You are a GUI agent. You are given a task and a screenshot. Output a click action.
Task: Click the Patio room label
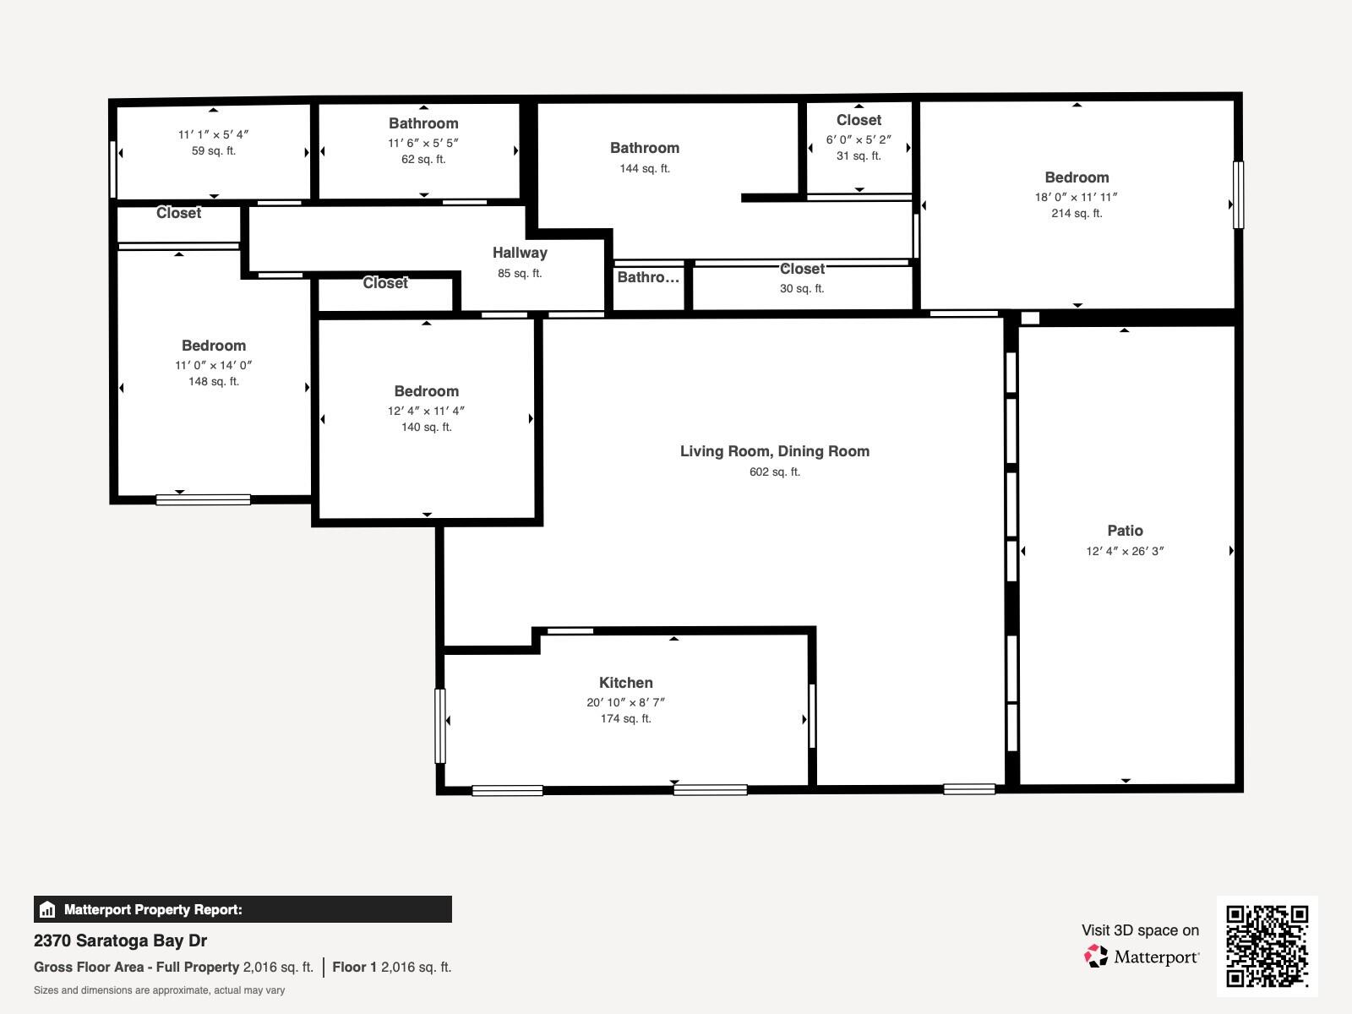pyautogui.click(x=1125, y=531)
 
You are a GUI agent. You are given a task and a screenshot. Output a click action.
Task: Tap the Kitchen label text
pyautogui.click(x=625, y=683)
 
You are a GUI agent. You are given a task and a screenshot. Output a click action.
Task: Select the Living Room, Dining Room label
pyautogui.click(x=774, y=451)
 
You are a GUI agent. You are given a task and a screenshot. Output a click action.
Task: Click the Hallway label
pyautogui.click(x=520, y=253)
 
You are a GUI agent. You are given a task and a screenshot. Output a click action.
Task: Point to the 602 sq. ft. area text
pyautogui.click(x=774, y=472)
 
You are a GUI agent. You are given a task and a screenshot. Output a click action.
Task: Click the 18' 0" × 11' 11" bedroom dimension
pyautogui.click(x=1076, y=197)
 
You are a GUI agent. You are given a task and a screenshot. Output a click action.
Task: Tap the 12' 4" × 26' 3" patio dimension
pyautogui.click(x=1125, y=551)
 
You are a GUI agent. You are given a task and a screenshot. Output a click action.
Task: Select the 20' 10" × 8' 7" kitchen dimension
pyautogui.click(x=625, y=702)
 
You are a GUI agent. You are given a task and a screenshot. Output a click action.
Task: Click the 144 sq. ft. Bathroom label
pyautogui.click(x=644, y=148)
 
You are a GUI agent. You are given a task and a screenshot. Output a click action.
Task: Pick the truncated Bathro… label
pyautogui.click(x=647, y=277)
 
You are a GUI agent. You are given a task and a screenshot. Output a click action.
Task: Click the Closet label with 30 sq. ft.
pyautogui.click(x=801, y=269)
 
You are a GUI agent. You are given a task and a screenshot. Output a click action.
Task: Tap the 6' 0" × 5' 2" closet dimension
pyautogui.click(x=859, y=139)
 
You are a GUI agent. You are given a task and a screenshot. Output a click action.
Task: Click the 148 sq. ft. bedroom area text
pyautogui.click(x=213, y=381)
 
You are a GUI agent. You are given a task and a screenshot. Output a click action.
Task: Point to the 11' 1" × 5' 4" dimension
pyautogui.click(x=213, y=134)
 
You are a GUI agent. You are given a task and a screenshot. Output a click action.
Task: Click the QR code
pyautogui.click(x=1267, y=946)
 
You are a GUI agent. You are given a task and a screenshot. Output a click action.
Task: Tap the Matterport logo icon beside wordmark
pyautogui.click(x=1096, y=957)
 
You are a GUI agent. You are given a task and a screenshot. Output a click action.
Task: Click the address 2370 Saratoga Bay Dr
pyautogui.click(x=120, y=940)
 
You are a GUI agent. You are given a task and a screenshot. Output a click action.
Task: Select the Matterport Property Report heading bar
pyautogui.click(x=243, y=909)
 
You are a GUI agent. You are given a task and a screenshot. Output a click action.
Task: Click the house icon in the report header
pyautogui.click(x=47, y=909)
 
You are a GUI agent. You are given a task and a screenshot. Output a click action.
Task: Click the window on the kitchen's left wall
pyautogui.click(x=439, y=725)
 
